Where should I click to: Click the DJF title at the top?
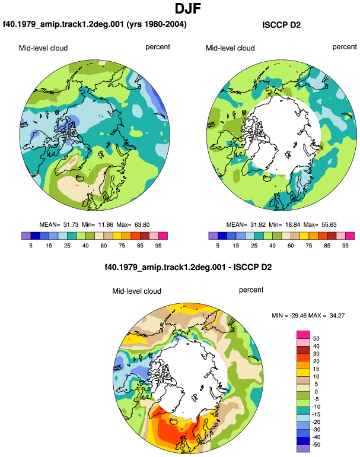pyautogui.click(x=188, y=8)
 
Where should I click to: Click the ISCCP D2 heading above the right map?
pyautogui.click(x=281, y=25)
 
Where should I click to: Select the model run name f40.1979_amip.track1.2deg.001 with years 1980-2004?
pyautogui.click(x=95, y=24)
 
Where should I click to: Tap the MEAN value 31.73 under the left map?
pyautogui.click(x=71, y=225)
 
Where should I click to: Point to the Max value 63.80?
pyautogui.click(x=142, y=225)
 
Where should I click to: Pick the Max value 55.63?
pyautogui.click(x=329, y=225)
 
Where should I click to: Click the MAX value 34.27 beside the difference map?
pyautogui.click(x=337, y=315)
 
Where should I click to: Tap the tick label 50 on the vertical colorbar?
pyautogui.click(x=316, y=339)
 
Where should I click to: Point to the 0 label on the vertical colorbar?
pyautogui.click(x=316, y=392)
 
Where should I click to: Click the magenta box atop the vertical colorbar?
pyautogui.click(x=303, y=335)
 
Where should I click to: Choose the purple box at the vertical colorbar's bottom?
pyautogui.click(x=303, y=448)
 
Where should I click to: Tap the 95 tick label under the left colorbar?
pyautogui.click(x=158, y=246)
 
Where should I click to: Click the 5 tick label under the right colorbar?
pyautogui.click(x=218, y=246)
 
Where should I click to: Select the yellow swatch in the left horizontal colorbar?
pyautogui.click(x=117, y=236)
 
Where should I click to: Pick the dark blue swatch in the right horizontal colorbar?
pyautogui.click(x=222, y=236)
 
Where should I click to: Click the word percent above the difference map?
pyautogui.click(x=251, y=290)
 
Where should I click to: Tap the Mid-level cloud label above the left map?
pyautogui.click(x=43, y=48)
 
